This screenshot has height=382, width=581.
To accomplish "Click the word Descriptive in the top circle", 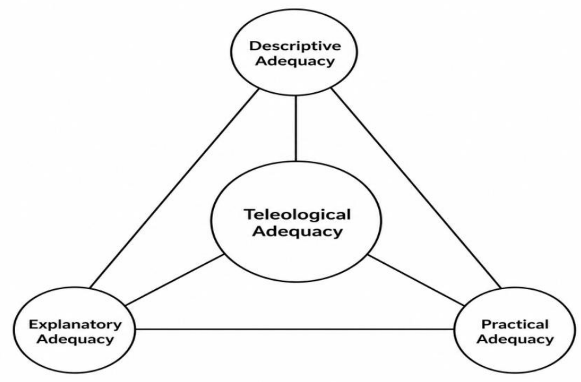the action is coord(295,47).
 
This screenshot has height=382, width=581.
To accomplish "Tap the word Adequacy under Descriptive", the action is coord(295,61).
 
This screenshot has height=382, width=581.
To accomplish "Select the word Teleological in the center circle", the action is coord(297,214).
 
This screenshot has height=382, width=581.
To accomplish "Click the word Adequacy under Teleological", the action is coord(297,232).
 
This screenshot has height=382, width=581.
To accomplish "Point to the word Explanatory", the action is coord(75,325).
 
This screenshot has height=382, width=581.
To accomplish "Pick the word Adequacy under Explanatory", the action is coord(75,339).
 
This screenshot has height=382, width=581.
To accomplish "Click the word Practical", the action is coord(515,325).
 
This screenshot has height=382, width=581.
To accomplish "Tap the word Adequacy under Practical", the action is coord(515,339).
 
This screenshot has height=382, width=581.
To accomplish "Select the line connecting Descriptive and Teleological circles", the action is coord(295,129).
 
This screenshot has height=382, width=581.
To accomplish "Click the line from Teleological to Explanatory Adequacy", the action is coord(174,280).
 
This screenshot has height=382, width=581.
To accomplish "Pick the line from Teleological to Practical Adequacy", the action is coord(416,280).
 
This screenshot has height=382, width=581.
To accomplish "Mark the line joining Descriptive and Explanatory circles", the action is coord(174,188).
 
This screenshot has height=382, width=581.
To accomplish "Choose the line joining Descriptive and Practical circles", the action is coord(416,188).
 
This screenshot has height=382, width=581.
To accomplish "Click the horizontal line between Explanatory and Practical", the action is coord(295,329).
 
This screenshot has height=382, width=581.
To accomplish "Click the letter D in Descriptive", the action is coord(254,46).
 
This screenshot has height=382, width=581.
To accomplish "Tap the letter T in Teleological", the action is coord(249,214).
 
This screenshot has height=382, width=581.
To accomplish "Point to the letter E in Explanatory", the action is coord(33,325).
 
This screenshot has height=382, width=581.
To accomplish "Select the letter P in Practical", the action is coord(485,324).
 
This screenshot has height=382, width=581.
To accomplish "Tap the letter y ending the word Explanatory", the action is coord(118,327).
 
